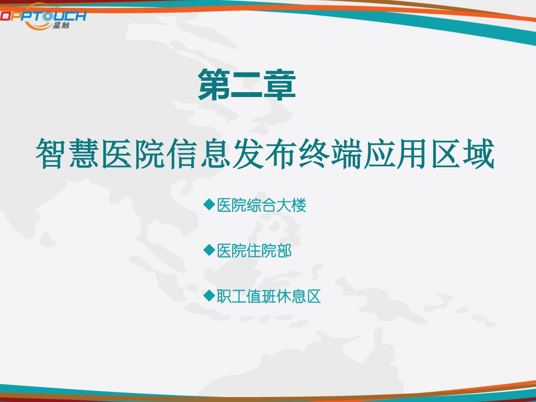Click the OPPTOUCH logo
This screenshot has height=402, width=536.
pos(43,16)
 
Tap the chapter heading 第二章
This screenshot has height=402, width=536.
pos(247,85)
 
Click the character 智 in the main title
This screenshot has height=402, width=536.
pos(51,153)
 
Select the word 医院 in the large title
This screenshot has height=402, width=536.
pos(133,153)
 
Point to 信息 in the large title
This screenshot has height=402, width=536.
pos(199,153)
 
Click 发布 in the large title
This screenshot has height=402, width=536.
pos(265,153)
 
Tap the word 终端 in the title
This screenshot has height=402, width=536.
pos(330,153)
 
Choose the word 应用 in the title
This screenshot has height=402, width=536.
pos(396,153)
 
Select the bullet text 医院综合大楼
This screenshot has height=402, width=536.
pos(262,205)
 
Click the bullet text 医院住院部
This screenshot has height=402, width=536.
pos(254,250)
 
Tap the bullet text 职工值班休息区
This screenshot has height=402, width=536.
pos(269,296)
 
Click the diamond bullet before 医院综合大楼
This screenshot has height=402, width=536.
pos(209,204)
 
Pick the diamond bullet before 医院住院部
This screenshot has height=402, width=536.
pos(209,250)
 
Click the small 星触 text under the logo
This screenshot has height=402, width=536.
pos(61,25)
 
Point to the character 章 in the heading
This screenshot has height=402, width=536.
pos(280,85)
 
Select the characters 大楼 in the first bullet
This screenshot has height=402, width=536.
pos(291,205)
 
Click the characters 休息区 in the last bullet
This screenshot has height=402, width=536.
pos(299,296)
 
